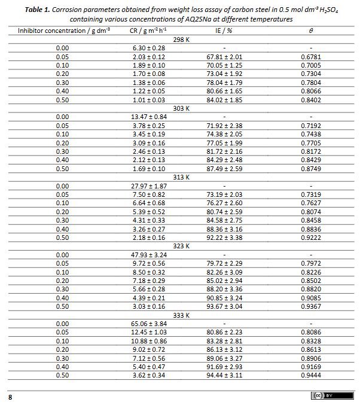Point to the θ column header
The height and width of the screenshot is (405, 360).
pyautogui.click(x=311, y=30)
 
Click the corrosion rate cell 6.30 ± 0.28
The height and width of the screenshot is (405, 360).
pyautogui.click(x=149, y=47)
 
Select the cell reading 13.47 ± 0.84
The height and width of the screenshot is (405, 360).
pyautogui.click(x=149, y=117)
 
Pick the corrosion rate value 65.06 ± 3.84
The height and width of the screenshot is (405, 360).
pyautogui.click(x=149, y=324)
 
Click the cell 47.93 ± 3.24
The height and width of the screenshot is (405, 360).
pyautogui.click(x=149, y=255)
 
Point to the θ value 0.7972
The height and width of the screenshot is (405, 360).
pyautogui.click(x=311, y=264)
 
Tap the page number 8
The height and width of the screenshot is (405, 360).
pyautogui.click(x=10, y=397)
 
